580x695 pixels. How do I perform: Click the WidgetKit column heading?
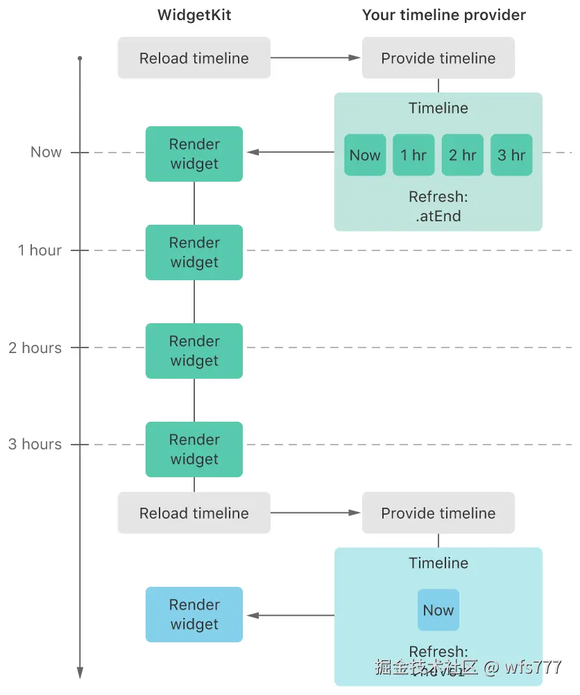tap(194, 15)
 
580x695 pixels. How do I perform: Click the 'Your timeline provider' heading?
tap(444, 15)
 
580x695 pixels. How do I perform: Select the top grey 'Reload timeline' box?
tap(194, 58)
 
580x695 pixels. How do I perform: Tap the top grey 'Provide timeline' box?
tap(438, 58)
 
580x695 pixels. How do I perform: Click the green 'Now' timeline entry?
tap(365, 155)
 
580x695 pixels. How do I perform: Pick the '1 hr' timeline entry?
tap(413, 155)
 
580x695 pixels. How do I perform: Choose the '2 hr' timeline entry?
tap(462, 155)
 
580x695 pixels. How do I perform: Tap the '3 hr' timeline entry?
tap(511, 155)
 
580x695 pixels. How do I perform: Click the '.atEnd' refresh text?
tap(438, 216)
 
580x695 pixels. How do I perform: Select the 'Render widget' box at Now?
tap(194, 154)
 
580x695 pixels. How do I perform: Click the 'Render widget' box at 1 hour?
tap(194, 252)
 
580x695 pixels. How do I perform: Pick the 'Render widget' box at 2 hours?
tap(194, 351)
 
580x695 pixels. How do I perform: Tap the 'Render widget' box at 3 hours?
tap(194, 449)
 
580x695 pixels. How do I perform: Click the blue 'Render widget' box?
tap(194, 615)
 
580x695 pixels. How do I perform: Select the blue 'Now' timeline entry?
tap(438, 610)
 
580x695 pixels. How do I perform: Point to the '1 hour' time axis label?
tap(40, 250)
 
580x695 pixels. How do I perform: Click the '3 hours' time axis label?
tap(35, 445)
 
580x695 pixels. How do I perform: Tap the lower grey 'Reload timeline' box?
tap(194, 513)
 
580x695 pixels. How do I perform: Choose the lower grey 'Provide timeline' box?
tap(438, 513)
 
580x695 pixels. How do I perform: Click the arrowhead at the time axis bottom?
tap(80, 672)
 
